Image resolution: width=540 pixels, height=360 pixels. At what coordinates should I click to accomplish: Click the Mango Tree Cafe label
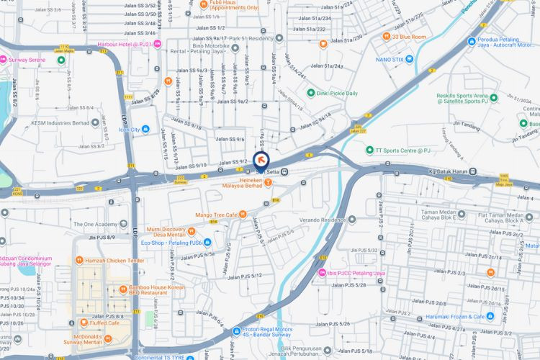(x=216, y=215)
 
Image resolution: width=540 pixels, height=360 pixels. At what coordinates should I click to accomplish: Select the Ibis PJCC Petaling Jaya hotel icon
(x=321, y=274)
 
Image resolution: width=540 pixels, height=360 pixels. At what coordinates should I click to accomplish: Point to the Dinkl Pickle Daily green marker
(x=311, y=93)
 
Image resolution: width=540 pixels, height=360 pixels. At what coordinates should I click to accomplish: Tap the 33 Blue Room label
(x=409, y=37)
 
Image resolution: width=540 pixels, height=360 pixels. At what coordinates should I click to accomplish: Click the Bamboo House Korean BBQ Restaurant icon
(x=124, y=289)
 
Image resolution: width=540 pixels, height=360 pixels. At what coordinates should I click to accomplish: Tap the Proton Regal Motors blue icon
(x=237, y=332)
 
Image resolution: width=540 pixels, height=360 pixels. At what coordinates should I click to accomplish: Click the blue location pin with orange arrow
(x=261, y=161)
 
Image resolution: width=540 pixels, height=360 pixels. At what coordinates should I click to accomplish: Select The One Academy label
(x=94, y=224)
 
